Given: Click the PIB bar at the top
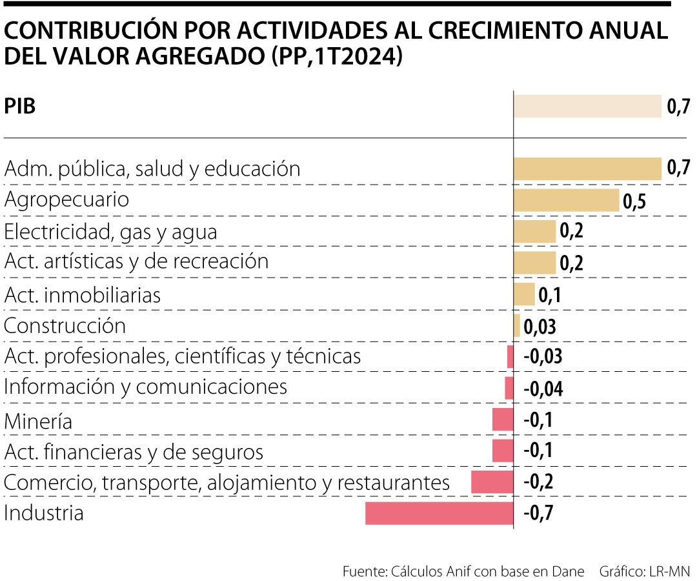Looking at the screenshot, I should [587, 107].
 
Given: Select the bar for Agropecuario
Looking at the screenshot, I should [566, 200].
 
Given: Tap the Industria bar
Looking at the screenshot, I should [439, 513].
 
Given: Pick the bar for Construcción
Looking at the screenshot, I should [517, 326].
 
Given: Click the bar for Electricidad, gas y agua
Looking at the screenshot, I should [534, 231].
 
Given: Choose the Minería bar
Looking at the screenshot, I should [503, 420].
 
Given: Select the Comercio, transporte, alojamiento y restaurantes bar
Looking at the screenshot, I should [492, 482].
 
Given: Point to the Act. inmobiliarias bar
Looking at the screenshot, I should [524, 294].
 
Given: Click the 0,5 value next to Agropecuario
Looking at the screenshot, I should [634, 201].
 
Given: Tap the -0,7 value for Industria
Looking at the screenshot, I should [538, 514].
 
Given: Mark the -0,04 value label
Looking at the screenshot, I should [542, 389].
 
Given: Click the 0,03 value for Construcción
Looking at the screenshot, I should [540, 327].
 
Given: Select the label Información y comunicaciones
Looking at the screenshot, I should [145, 387].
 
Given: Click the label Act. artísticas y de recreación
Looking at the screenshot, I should [136, 261].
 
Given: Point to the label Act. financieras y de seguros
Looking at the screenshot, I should [134, 452].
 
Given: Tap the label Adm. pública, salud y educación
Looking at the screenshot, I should [152, 169].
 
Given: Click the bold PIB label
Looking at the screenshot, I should [20, 107].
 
